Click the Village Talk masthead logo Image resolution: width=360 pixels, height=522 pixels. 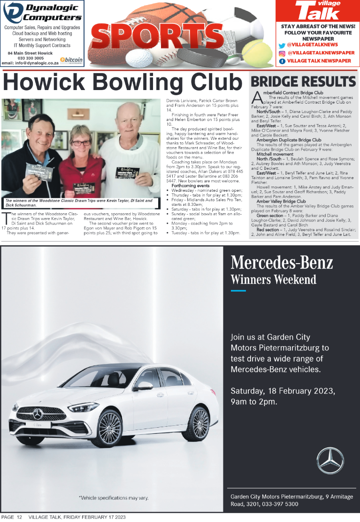tap(317, 10)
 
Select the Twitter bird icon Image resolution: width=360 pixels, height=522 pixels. tap(282, 45)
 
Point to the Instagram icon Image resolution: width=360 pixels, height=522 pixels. tap(282, 53)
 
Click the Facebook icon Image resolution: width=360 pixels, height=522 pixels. tap(282, 61)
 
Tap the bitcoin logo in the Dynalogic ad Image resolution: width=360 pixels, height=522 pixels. tap(71, 60)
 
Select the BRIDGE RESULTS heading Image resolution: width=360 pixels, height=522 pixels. tap(303, 81)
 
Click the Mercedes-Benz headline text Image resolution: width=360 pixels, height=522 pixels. tap(282, 263)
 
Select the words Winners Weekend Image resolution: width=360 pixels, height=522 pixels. tap(273, 280)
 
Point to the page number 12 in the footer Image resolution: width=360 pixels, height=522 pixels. tap(19, 517)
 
